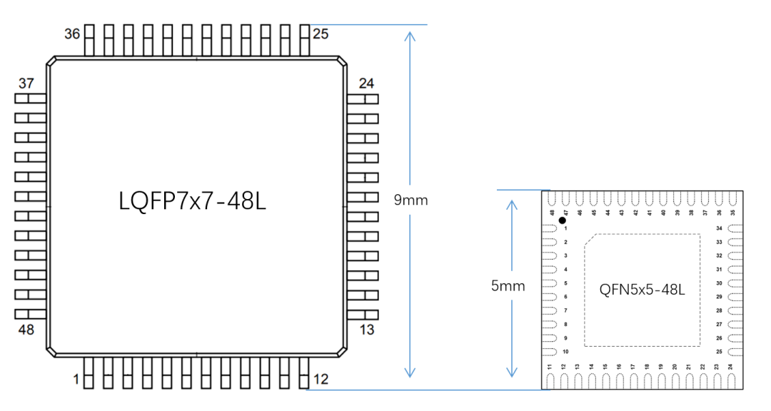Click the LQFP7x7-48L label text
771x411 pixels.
pos(193,201)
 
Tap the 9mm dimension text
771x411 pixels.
pos(410,201)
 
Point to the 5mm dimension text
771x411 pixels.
pos(508,286)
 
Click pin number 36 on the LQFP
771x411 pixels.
pos(72,34)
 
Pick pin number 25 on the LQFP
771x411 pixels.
pos(321,34)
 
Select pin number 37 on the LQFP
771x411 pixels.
pos(26,83)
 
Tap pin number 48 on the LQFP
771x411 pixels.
pos(26,330)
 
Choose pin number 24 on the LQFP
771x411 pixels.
pos(366,83)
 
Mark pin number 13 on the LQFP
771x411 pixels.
pos(366,330)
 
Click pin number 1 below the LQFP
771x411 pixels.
pos(76,380)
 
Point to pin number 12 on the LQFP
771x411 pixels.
pos(321,380)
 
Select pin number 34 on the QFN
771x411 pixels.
pos(719,228)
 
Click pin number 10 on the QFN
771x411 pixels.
pos(565,352)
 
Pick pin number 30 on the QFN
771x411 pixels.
pos(719,283)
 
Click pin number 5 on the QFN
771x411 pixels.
pos(565,283)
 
